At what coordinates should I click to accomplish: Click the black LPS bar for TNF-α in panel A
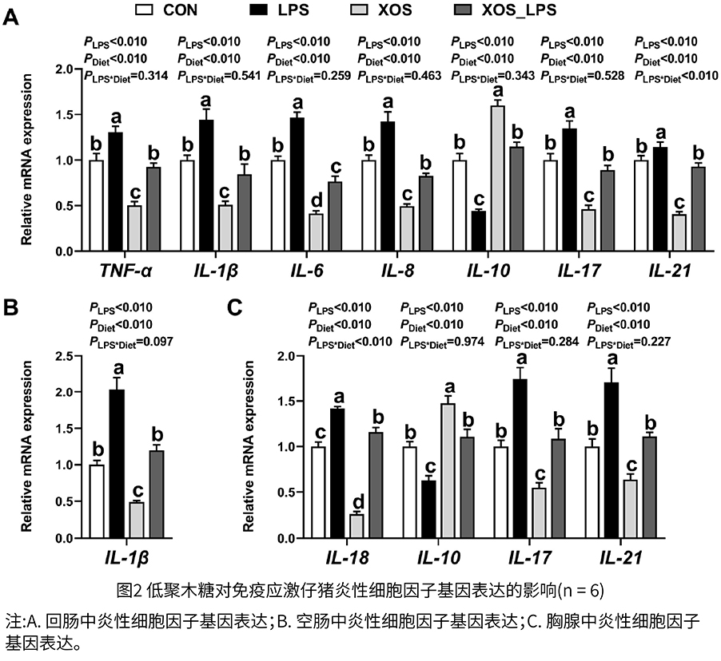pyautogui.click(x=115, y=192)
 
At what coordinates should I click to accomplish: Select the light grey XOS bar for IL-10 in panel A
pyautogui.click(x=498, y=179)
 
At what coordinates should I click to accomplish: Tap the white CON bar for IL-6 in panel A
pyautogui.click(x=277, y=205)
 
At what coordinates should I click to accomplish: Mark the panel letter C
pyautogui.click(x=234, y=306)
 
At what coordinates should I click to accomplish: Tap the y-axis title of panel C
pyautogui.click(x=249, y=437)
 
